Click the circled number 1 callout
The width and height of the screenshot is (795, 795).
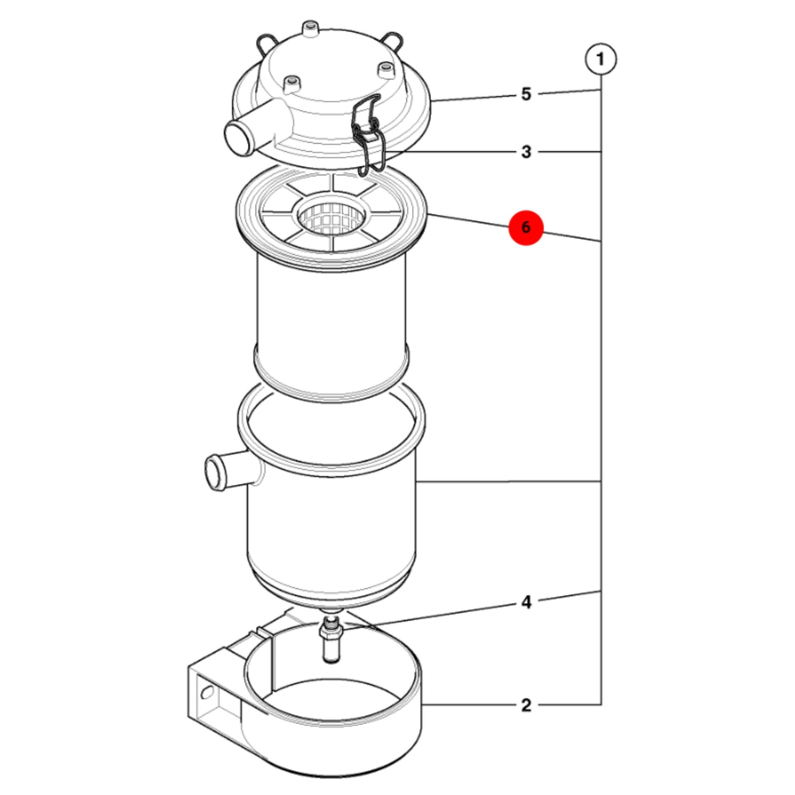click(601, 59)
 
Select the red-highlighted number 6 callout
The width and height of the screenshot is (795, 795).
click(525, 227)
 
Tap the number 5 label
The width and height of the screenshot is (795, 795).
click(526, 94)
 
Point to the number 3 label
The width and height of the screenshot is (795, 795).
click(526, 152)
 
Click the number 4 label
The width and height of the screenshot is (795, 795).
click(526, 603)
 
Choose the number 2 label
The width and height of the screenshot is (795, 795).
click(526, 705)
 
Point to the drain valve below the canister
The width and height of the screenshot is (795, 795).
click(331, 639)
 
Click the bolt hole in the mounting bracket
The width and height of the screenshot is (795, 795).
click(206, 692)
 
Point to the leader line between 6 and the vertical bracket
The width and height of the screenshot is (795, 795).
click(572, 237)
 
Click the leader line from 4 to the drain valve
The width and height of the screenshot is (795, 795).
click(430, 617)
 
